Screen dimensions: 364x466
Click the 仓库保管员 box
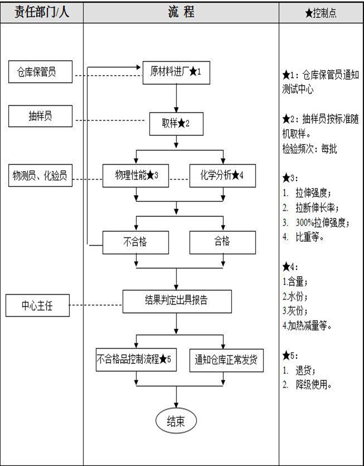coord(40,72)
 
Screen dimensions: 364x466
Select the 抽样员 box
coord(40,116)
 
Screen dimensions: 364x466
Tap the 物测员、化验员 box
coord(40,175)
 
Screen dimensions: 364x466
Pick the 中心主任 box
coord(38,305)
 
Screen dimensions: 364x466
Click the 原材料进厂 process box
coord(176,72)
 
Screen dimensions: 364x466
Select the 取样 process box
coord(176,124)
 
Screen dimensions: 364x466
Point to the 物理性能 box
coord(136,176)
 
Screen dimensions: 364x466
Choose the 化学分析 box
coord(223,176)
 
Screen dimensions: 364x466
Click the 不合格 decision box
coord(136,243)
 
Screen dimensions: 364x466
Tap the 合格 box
coord(223,243)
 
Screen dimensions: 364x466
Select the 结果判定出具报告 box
coord(177,301)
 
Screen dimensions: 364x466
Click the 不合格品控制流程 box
coord(136,360)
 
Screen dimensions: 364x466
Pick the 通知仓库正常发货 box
coord(227,360)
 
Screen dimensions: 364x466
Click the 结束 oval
coord(176,421)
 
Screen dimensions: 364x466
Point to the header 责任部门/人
coord(42,13)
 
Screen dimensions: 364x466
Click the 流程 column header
coord(181,12)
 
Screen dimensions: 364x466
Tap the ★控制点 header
coord(321,13)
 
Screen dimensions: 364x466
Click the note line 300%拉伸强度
coord(323,222)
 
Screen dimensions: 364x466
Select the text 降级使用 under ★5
coord(314,385)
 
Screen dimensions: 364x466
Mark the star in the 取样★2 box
coord(181,123)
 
